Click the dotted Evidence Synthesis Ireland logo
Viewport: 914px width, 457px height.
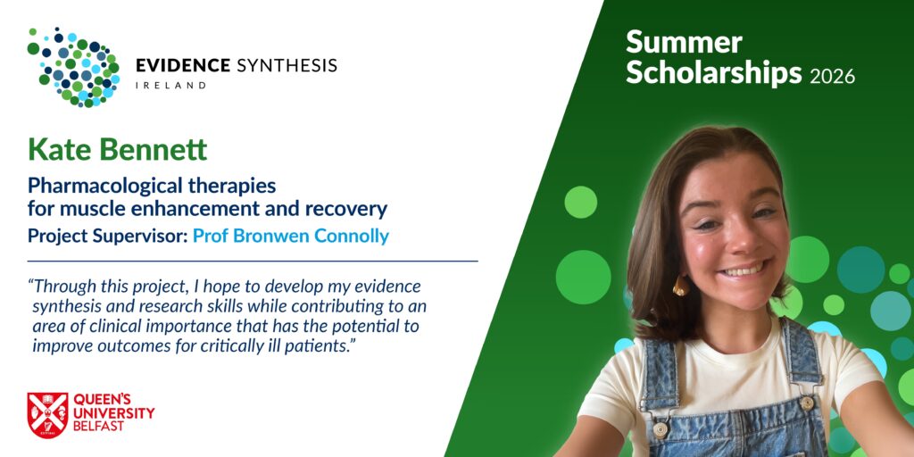pyautogui.click(x=73, y=67)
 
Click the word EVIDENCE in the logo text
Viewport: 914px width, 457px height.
pyautogui.click(x=183, y=65)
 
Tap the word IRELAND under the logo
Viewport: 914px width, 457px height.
pyautogui.click(x=170, y=85)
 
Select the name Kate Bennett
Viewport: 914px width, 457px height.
pyautogui.click(x=117, y=150)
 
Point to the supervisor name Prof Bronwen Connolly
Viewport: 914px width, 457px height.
pyautogui.click(x=291, y=236)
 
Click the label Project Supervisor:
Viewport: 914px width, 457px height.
pyautogui.click(x=108, y=237)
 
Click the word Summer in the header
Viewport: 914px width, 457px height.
pyautogui.click(x=684, y=43)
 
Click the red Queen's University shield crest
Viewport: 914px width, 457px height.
pyautogui.click(x=48, y=415)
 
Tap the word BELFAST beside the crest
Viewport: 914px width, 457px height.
pyautogui.click(x=98, y=426)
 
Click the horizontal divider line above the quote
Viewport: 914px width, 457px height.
pyautogui.click(x=253, y=262)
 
